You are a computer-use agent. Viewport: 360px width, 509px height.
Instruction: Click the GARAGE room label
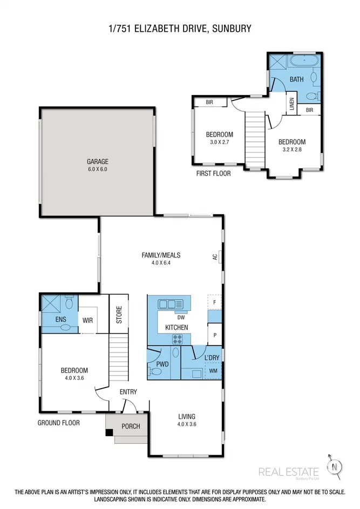pyautogui.click(x=98, y=161)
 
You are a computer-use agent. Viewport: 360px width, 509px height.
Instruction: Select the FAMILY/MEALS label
pyautogui.click(x=161, y=255)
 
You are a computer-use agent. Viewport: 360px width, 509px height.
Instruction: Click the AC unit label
pyautogui.click(x=215, y=257)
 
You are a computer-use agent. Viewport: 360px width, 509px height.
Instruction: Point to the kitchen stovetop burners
pyautogui.click(x=177, y=339)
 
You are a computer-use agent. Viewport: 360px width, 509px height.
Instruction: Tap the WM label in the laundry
pyautogui.click(x=213, y=371)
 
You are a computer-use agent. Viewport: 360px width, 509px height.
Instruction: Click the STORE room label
pyautogui.click(x=119, y=315)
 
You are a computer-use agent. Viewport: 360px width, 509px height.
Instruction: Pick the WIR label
pyautogui.click(x=87, y=320)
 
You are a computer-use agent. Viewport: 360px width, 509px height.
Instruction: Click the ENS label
pyautogui.click(x=60, y=320)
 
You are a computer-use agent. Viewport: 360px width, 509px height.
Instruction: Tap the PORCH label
pyautogui.click(x=131, y=426)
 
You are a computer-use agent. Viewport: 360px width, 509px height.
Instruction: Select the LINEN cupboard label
pyautogui.click(x=291, y=103)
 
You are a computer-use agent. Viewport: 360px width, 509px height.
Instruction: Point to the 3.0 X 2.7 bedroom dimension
pyautogui.click(x=219, y=142)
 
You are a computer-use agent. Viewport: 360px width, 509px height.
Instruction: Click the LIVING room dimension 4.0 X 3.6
pyautogui.click(x=187, y=425)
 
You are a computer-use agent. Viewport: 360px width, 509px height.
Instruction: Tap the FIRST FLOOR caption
pyautogui.click(x=213, y=173)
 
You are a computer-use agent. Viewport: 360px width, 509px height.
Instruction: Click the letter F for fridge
pyautogui.click(x=214, y=302)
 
